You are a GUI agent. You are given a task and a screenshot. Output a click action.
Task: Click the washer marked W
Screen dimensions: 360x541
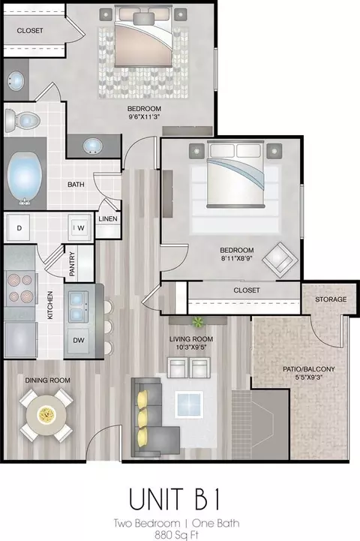tap(79, 227)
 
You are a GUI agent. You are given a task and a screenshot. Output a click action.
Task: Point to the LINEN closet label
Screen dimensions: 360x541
tap(108, 219)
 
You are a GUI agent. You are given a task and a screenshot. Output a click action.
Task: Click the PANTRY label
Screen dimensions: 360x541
tap(72, 264)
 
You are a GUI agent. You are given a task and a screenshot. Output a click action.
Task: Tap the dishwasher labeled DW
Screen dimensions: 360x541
tap(79, 340)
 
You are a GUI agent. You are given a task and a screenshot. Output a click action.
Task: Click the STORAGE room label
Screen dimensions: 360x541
tap(331, 299)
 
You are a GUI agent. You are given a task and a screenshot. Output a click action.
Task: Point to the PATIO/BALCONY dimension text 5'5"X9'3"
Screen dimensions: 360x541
tap(308, 377)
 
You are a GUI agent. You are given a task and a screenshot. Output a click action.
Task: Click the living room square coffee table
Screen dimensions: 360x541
tap(188, 404)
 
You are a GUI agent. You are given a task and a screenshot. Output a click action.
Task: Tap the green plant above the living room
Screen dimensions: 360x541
tap(198, 322)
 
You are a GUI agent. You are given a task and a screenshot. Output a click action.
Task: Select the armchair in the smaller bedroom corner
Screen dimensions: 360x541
tap(280, 260)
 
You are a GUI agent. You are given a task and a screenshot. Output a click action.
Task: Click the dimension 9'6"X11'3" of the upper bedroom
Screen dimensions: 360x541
tap(144, 116)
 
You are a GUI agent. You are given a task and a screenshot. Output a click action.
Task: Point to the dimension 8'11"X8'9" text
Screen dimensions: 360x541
tap(237, 257)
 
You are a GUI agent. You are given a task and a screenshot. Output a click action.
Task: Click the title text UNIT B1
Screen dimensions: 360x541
tap(175, 498)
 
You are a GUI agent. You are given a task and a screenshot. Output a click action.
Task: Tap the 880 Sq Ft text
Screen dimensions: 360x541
tap(176, 535)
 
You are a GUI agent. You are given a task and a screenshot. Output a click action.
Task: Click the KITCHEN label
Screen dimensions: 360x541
tap(50, 305)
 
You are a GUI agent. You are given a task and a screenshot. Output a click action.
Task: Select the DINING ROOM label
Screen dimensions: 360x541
tap(47, 380)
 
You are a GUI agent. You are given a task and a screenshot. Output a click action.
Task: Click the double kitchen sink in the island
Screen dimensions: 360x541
tap(79, 306)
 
